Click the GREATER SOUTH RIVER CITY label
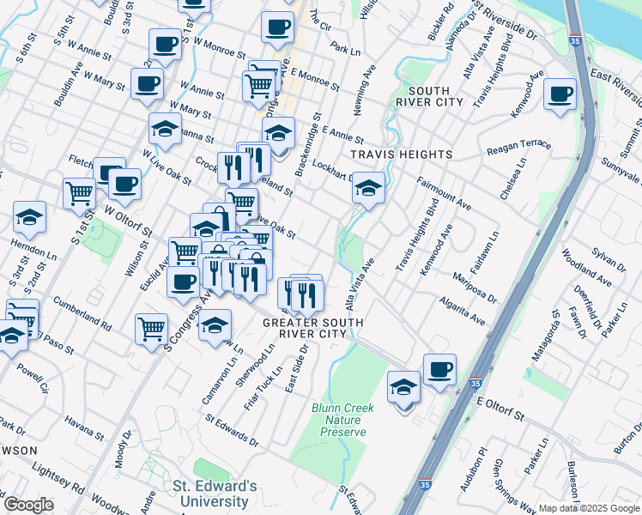tap(312, 329)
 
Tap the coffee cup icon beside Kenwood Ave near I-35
tap(560, 94)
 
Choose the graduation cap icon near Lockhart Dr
tap(368, 188)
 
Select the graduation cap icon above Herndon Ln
tap(29, 218)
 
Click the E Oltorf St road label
tap(500, 408)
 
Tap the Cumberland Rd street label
tap(82, 314)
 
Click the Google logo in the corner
tap(28, 505)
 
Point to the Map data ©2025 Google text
tap(589, 508)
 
